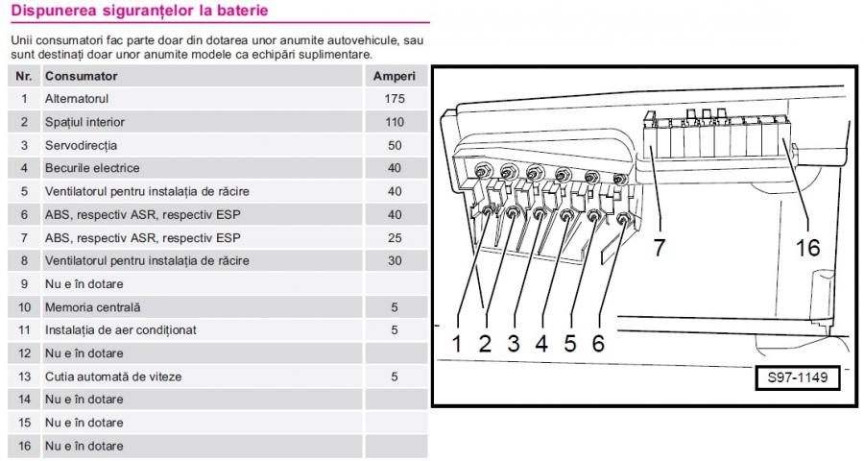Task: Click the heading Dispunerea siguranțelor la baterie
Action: point(139,12)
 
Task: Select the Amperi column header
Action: point(394,76)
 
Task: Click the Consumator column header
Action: point(82,76)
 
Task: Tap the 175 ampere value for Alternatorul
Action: point(394,99)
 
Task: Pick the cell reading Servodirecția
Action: point(81,145)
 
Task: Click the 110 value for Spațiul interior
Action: point(394,122)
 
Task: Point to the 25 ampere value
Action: point(394,237)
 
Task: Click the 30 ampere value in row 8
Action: point(394,260)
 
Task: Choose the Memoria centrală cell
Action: point(92,307)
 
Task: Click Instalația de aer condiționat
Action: point(120,330)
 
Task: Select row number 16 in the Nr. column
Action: point(24,446)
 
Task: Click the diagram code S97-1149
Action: point(797,378)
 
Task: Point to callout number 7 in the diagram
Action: point(659,247)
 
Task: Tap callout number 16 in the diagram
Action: point(807,247)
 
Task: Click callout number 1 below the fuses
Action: point(457,343)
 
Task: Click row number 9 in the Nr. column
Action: point(24,284)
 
